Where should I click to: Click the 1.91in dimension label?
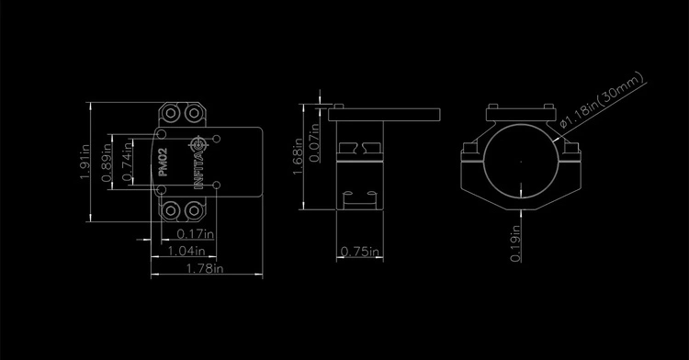[x=85, y=162]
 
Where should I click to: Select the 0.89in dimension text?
[x=107, y=163]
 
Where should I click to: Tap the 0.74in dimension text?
[x=127, y=161]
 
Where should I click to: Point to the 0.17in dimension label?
[x=195, y=234]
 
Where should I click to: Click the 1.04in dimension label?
[x=186, y=251]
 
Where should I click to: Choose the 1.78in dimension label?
[x=205, y=268]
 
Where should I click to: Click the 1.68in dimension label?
[x=298, y=156]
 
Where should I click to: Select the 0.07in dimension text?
[x=314, y=142]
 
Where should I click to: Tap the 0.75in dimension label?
[x=360, y=252]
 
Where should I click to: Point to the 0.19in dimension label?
[x=515, y=243]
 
